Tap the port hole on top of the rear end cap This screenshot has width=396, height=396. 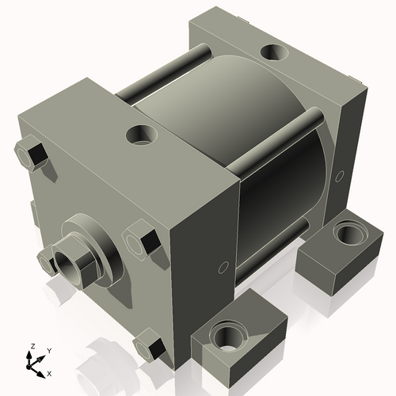tap(274, 52)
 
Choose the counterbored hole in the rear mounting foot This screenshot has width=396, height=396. tap(346, 233)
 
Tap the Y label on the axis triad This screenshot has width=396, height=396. tap(48, 349)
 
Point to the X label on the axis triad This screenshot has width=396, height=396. tap(50, 372)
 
